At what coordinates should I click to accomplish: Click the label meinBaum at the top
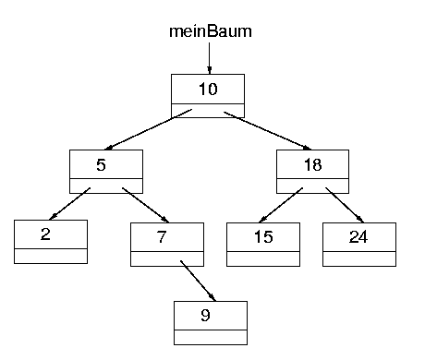tap(210, 31)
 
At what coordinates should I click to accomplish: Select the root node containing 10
tap(209, 90)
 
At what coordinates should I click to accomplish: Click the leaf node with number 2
tap(51, 234)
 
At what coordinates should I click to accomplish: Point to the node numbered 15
tap(262, 237)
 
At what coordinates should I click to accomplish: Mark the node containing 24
tap(358, 237)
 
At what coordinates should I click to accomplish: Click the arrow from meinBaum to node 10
tap(210, 57)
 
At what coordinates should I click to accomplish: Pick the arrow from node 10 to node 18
tap(268, 130)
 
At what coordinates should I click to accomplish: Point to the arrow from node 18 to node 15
tap(279, 204)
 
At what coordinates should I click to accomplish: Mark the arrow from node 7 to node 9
tap(199, 281)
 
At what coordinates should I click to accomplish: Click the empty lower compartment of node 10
tap(209, 111)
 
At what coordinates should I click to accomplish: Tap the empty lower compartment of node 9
tap(211, 336)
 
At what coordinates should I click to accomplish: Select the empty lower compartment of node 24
tap(358, 258)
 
